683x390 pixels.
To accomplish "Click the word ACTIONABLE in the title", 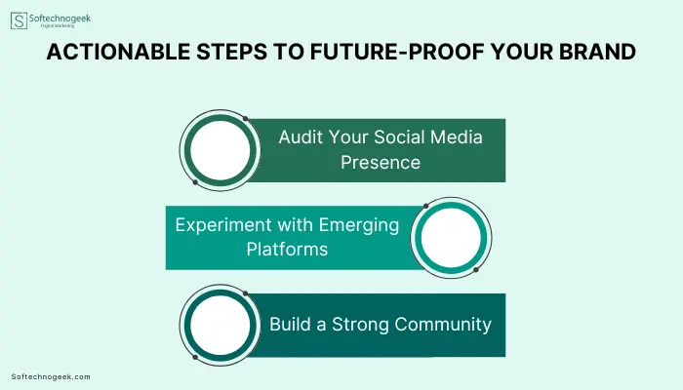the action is coord(118,52).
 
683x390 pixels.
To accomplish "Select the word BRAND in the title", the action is coord(597,52).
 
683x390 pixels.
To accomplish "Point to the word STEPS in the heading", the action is coord(232,52).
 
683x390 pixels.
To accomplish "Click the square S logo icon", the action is coord(19,20).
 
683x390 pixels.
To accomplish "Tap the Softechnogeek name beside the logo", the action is coord(60,19).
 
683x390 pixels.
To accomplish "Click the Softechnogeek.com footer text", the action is coord(51,377).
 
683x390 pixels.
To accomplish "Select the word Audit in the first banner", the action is coord(301,137).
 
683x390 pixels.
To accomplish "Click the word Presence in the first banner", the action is coord(381,163).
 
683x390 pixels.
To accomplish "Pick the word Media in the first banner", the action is coord(457,137).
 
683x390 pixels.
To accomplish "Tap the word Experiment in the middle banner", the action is coord(223,225).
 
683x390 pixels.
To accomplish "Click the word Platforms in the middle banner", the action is coord(287,250).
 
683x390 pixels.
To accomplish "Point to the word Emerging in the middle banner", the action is coord(359,225).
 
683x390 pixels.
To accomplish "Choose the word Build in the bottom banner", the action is coord(291,325).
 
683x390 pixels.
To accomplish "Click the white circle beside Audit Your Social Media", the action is coord(220,150).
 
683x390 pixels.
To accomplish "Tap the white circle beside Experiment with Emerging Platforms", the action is coord(451,238).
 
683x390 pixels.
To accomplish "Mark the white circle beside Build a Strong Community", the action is coord(220,325).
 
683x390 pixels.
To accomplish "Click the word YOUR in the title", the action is coord(522,52).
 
